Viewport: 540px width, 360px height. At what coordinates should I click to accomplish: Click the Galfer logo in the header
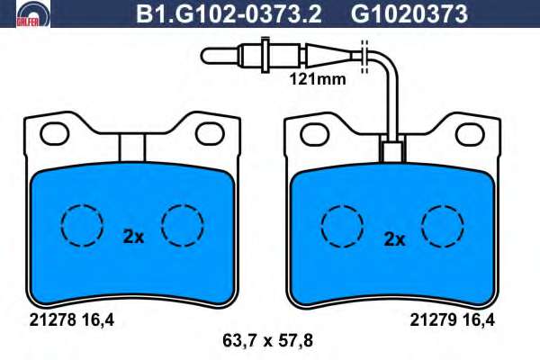point(32,13)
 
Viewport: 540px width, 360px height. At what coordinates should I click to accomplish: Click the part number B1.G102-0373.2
point(229,14)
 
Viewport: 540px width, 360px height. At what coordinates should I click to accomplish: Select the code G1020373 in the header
point(409,14)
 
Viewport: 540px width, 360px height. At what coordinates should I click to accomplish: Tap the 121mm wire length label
point(317,79)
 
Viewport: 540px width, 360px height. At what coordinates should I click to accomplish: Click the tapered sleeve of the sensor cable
point(328,55)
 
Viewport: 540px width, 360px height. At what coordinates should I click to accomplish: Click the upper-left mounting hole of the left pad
point(54,133)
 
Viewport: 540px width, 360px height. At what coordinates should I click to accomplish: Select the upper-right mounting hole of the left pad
point(210,133)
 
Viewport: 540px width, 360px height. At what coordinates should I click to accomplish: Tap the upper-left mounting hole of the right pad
point(314,135)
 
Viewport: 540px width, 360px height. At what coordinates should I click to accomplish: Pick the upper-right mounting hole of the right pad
point(470,135)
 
